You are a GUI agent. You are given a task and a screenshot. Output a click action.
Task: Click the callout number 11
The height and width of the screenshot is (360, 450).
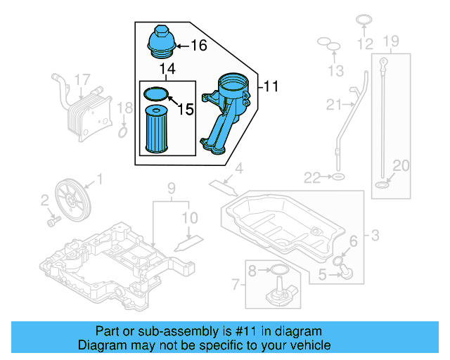[x=271, y=86]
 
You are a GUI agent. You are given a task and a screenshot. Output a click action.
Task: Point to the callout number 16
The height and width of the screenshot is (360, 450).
[x=198, y=46]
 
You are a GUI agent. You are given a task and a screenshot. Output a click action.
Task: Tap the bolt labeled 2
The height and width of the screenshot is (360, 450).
[x=52, y=220]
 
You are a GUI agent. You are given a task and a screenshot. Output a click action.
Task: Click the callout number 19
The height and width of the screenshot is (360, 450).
[x=391, y=41]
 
